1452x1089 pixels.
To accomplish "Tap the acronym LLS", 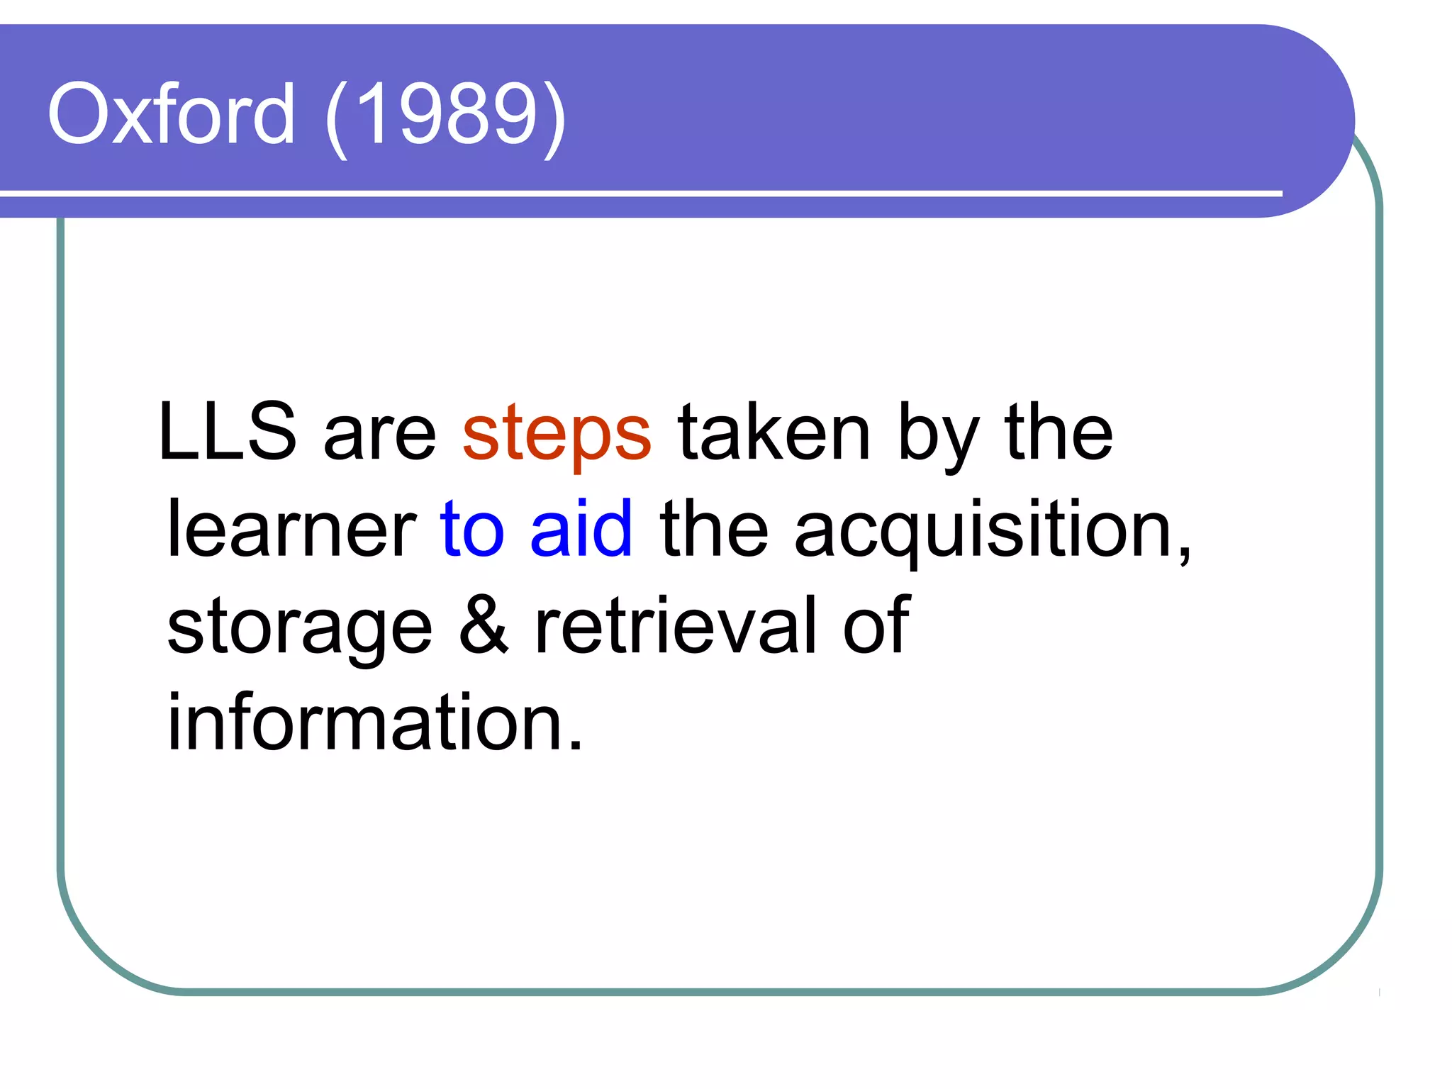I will coord(227,432).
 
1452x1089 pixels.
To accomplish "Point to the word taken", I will coord(774,432).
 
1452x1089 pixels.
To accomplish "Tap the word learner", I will coord(291,528).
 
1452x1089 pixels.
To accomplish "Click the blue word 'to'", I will coord(472,528).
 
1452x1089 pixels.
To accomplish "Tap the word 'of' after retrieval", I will coord(876,624).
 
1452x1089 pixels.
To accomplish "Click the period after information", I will coord(576,745).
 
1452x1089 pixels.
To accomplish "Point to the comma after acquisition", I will coord(1185,557).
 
